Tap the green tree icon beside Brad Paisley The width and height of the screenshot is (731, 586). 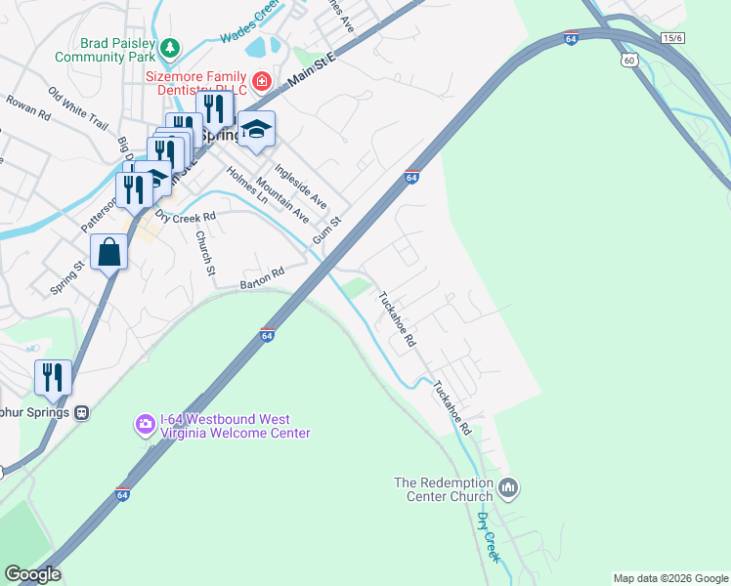click(x=170, y=46)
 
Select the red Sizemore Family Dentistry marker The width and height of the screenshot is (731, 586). click(x=261, y=79)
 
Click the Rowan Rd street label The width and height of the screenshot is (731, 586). click(x=27, y=106)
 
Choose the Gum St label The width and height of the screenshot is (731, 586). click(x=326, y=230)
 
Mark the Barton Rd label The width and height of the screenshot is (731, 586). click(x=261, y=277)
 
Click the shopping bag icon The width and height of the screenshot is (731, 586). click(x=108, y=252)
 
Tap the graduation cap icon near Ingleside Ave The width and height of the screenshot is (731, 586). click(x=256, y=129)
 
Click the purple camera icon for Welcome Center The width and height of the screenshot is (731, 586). click(x=145, y=424)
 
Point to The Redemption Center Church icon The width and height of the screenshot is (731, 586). click(x=507, y=486)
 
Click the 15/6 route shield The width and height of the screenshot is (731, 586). click(x=671, y=37)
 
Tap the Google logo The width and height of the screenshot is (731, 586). click(x=31, y=574)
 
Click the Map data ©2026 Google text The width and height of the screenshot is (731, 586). click(x=670, y=578)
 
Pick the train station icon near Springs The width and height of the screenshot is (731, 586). click(x=83, y=412)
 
